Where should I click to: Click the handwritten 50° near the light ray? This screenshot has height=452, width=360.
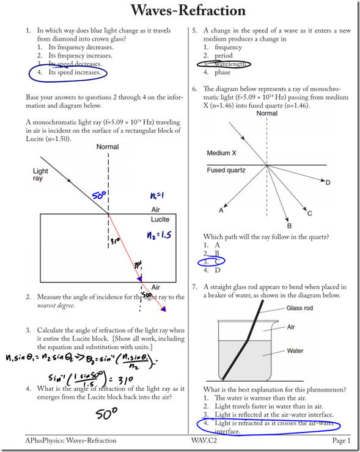[100, 196]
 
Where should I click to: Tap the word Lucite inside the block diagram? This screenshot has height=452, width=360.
[160, 219]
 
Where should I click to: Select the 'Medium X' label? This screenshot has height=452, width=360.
[222, 153]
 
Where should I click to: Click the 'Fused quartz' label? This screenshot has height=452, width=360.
[226, 170]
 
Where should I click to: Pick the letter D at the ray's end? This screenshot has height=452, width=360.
[328, 182]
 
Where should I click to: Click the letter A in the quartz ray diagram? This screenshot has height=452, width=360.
[221, 211]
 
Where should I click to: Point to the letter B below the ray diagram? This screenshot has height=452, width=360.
[289, 224]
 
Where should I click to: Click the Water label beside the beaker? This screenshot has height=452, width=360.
[296, 351]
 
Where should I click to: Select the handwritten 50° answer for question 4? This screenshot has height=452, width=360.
[106, 414]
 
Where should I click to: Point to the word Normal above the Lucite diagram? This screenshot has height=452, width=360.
[108, 147]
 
